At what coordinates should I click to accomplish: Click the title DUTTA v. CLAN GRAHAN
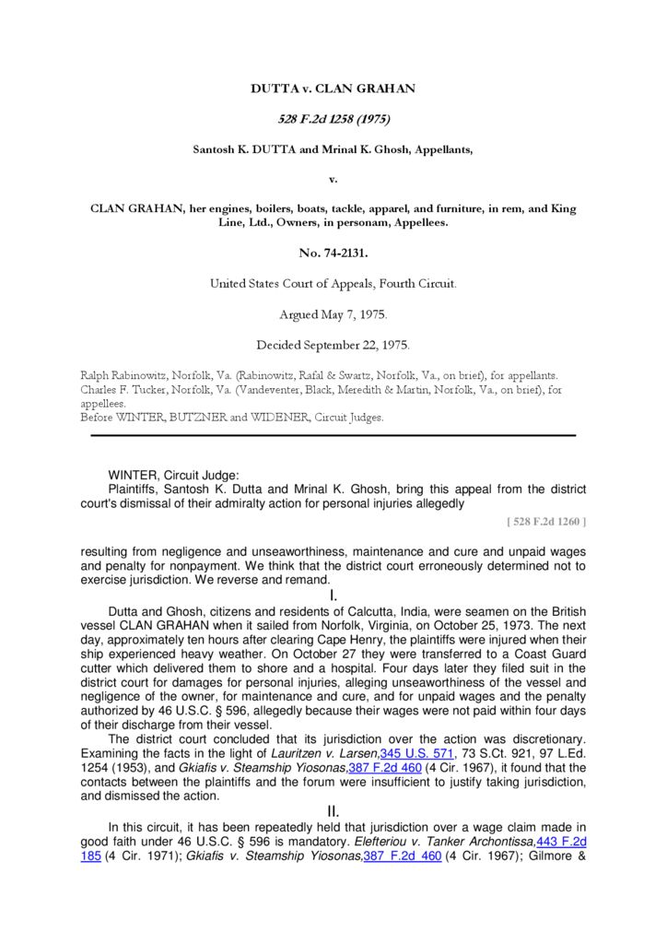click(333, 88)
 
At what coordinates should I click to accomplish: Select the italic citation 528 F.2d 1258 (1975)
click(333, 119)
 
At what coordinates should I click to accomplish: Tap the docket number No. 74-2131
click(333, 253)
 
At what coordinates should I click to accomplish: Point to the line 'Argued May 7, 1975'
click(333, 314)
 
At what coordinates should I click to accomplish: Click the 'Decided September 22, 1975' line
click(333, 345)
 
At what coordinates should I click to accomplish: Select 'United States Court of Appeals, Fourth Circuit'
click(333, 283)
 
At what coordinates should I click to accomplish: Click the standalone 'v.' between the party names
click(333, 178)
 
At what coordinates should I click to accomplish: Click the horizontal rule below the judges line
click(328, 435)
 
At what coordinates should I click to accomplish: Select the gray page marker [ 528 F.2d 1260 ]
click(546, 522)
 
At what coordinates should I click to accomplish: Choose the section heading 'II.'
click(333, 811)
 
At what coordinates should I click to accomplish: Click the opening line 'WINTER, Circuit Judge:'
click(173, 476)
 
